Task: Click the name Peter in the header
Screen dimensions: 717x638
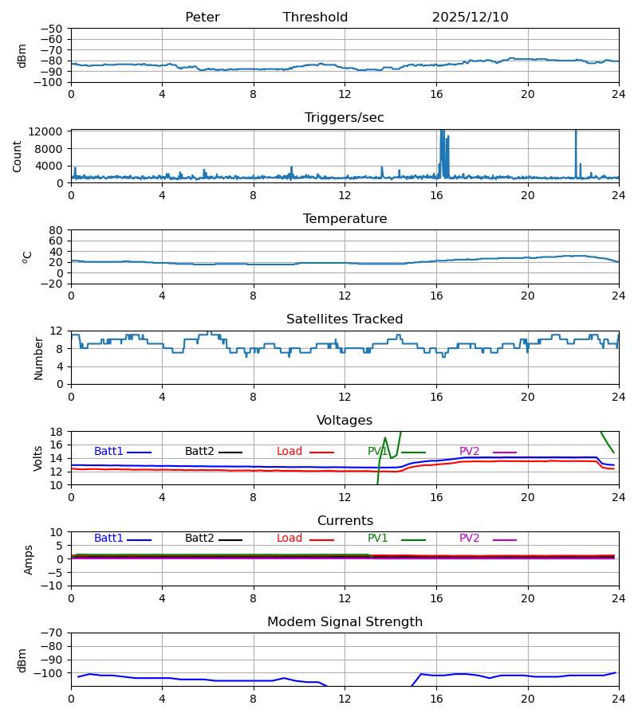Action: (202, 18)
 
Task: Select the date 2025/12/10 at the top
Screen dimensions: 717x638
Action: (470, 18)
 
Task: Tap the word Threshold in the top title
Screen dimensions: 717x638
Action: (315, 18)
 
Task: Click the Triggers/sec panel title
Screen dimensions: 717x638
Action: (344, 118)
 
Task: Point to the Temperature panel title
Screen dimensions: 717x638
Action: (345, 219)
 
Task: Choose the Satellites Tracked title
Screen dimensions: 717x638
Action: (345, 319)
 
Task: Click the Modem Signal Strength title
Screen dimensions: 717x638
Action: (345, 622)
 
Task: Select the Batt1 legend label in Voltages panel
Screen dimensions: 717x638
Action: (108, 452)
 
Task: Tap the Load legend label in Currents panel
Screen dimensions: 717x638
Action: (289, 539)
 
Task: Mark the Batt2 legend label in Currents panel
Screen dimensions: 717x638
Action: (199, 539)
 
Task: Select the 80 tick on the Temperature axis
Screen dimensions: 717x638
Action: (56, 230)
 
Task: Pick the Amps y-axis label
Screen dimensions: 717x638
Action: (30, 559)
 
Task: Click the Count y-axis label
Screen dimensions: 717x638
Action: (18, 156)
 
